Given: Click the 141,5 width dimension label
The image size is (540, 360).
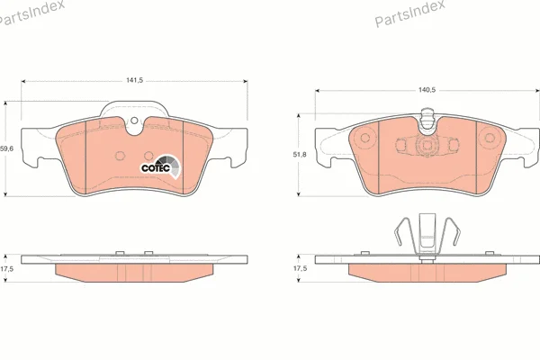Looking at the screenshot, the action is (x=134, y=80).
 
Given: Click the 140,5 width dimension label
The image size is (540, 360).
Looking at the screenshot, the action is (x=427, y=90).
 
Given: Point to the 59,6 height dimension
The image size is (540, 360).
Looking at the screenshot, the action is (x=6, y=148).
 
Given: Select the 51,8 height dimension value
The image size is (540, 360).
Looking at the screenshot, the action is (x=300, y=155).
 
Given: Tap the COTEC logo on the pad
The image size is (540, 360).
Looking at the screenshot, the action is (x=161, y=166).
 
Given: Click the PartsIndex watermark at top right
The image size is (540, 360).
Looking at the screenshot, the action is (x=409, y=13).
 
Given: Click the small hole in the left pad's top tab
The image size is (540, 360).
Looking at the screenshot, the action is (x=134, y=121).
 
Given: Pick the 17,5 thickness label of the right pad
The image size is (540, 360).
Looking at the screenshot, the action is (x=300, y=268).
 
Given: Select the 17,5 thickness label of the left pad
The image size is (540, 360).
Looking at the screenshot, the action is (x=6, y=269).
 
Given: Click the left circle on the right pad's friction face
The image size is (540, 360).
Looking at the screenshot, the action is (x=364, y=138).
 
